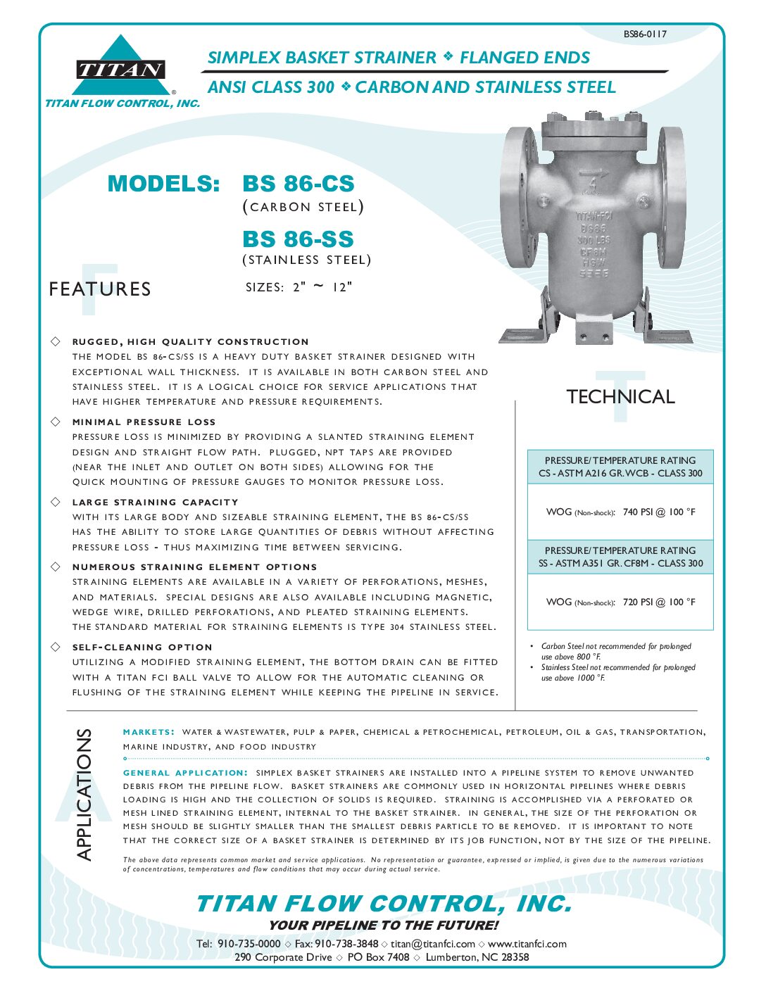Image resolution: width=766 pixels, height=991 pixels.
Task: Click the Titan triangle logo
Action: click(x=120, y=68)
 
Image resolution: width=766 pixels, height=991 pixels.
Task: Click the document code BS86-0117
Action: click(x=644, y=34)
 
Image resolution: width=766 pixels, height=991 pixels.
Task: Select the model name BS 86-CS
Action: click(x=299, y=184)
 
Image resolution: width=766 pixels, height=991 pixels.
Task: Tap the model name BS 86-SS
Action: click(x=298, y=239)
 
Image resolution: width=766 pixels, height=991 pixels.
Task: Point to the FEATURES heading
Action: click(x=100, y=289)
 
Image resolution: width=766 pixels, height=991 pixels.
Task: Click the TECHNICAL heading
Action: click(x=620, y=397)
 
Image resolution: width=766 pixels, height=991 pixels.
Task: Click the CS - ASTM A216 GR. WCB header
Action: click(x=620, y=473)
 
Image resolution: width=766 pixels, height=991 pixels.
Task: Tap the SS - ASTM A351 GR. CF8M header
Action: click(x=620, y=563)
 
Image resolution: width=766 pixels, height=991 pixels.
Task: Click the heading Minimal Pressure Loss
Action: click(x=144, y=422)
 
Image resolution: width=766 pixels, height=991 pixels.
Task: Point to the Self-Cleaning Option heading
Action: click(x=142, y=647)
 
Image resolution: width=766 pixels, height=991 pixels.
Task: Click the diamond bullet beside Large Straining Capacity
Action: click(x=56, y=502)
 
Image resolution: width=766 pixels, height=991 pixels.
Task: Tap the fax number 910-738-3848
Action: click(x=346, y=943)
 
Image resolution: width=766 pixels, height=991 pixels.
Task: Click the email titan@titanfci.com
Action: click(x=432, y=943)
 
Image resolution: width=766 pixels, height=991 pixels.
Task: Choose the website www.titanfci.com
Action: click(x=527, y=943)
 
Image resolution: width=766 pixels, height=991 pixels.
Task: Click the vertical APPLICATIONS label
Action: click(x=84, y=794)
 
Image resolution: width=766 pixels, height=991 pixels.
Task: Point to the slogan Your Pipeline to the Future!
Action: click(x=383, y=925)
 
